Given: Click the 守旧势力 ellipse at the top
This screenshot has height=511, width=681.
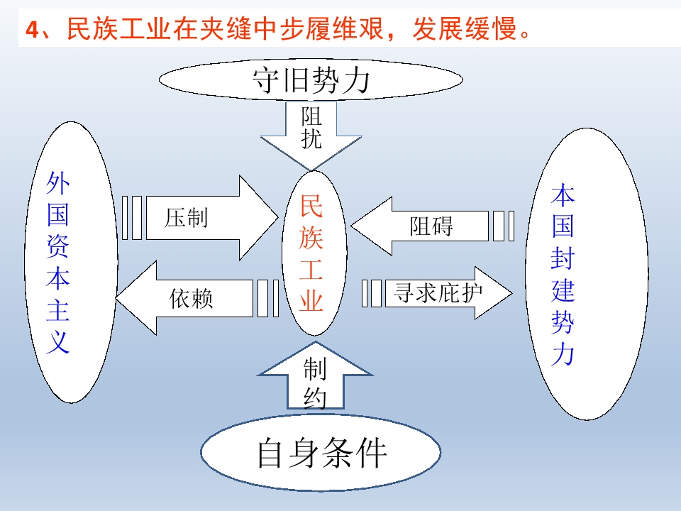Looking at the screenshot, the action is [311, 80].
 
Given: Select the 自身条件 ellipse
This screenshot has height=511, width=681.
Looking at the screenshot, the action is [321, 452].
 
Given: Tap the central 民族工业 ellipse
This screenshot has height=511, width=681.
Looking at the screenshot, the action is [314, 253].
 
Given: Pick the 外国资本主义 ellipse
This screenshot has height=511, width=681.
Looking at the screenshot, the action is [71, 262].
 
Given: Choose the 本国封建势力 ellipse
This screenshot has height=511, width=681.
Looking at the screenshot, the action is [587, 274].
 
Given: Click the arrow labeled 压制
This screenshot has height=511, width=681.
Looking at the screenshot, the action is [201, 218].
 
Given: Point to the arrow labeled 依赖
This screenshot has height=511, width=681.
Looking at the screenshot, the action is [197, 298].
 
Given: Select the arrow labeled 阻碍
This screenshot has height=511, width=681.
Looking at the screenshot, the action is [433, 226].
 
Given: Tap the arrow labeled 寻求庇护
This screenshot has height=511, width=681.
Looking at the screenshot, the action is [437, 293].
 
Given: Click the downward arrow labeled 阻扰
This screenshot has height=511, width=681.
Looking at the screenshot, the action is [311, 135].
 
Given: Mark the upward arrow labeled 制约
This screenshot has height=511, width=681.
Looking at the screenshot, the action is [315, 375].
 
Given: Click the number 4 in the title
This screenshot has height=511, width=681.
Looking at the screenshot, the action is [33, 31].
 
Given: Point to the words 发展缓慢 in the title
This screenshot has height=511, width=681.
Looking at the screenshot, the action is [464, 29].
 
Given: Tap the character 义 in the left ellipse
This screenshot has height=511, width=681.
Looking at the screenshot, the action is [57, 341].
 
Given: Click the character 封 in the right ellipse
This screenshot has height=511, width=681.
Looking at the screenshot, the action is [563, 258].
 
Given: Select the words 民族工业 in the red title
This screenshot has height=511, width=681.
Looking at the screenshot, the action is [119, 29].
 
